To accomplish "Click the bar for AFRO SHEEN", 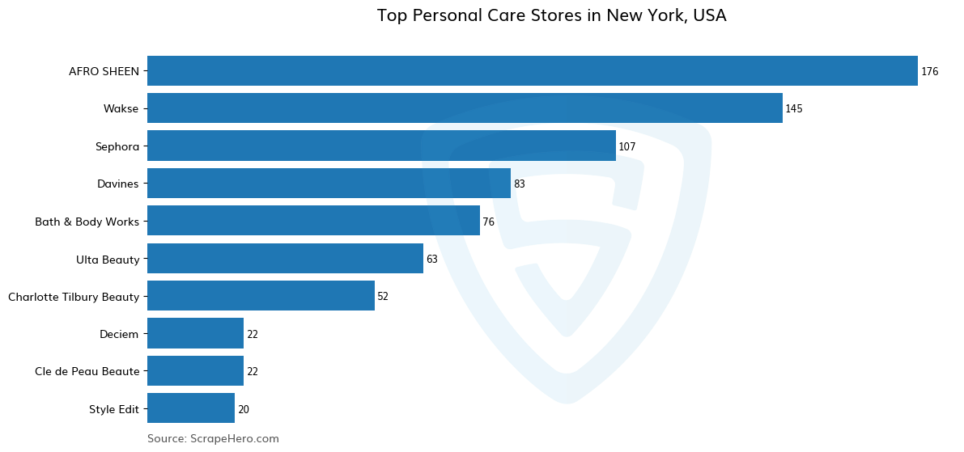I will (532, 71).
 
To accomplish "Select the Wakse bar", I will (465, 108).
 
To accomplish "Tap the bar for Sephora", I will (381, 146).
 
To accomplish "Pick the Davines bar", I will (329, 184).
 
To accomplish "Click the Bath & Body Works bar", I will (313, 221).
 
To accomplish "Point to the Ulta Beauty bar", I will (285, 259).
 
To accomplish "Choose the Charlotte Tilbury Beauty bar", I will (261, 296).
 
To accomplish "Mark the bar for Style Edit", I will (191, 408).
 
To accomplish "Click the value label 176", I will (929, 72).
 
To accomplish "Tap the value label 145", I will (793, 109).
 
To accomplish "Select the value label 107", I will (626, 147).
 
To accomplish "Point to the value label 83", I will (519, 184).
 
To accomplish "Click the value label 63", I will (431, 260).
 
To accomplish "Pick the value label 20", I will (243, 410).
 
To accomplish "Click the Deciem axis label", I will (119, 334).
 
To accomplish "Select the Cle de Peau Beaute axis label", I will (87, 371).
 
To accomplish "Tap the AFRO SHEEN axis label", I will (104, 71).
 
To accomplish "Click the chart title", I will (551, 15).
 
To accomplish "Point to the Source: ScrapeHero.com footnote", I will (213, 438).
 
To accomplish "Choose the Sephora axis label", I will (117, 146).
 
